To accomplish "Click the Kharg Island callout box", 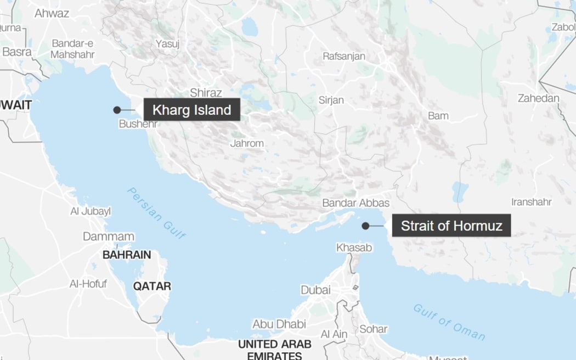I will click(x=191, y=110).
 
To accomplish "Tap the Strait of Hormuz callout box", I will click(x=451, y=226).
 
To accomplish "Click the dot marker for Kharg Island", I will click(x=117, y=110).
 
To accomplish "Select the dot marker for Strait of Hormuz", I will click(x=365, y=226).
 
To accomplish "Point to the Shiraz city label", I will click(x=206, y=93).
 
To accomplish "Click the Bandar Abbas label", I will click(x=355, y=203).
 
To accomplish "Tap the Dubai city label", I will click(x=315, y=290).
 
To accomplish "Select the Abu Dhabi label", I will click(x=279, y=324).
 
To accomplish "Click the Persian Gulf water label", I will click(x=156, y=213).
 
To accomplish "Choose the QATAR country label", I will click(x=152, y=286).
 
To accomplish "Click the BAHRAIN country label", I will click(x=127, y=255).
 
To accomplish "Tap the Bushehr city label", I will click(x=138, y=124).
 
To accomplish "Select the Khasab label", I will click(x=354, y=248).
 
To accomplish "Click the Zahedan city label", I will click(x=538, y=99).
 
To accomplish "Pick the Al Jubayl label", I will click(x=91, y=211).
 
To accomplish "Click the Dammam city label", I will click(x=109, y=237).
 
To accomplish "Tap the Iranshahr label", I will click(x=531, y=202).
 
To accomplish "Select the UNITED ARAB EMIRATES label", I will click(x=274, y=350).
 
